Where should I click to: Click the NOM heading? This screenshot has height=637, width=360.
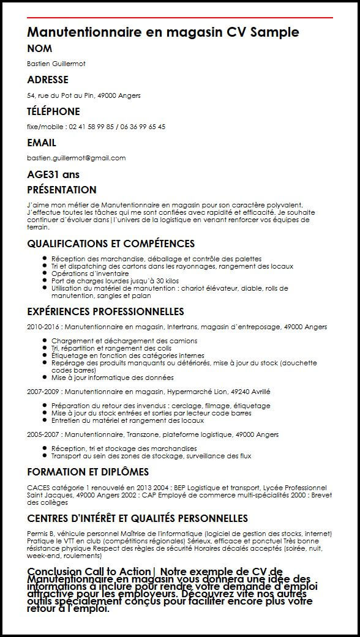click(x=40, y=49)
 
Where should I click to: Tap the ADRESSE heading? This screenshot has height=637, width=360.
click(x=48, y=80)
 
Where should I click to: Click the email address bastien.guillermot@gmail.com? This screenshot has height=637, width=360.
click(x=77, y=158)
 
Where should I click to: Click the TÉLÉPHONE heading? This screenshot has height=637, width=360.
click(x=54, y=111)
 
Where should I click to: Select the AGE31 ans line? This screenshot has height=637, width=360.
click(x=53, y=174)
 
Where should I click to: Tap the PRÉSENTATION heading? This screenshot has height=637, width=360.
click(x=62, y=190)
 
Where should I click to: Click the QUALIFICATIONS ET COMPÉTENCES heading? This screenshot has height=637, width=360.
click(x=111, y=244)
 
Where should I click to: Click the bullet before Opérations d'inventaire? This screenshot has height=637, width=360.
click(x=45, y=274)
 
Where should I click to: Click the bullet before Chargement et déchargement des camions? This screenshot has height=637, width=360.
click(x=45, y=341)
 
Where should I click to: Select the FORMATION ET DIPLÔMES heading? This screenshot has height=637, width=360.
click(x=88, y=472)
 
